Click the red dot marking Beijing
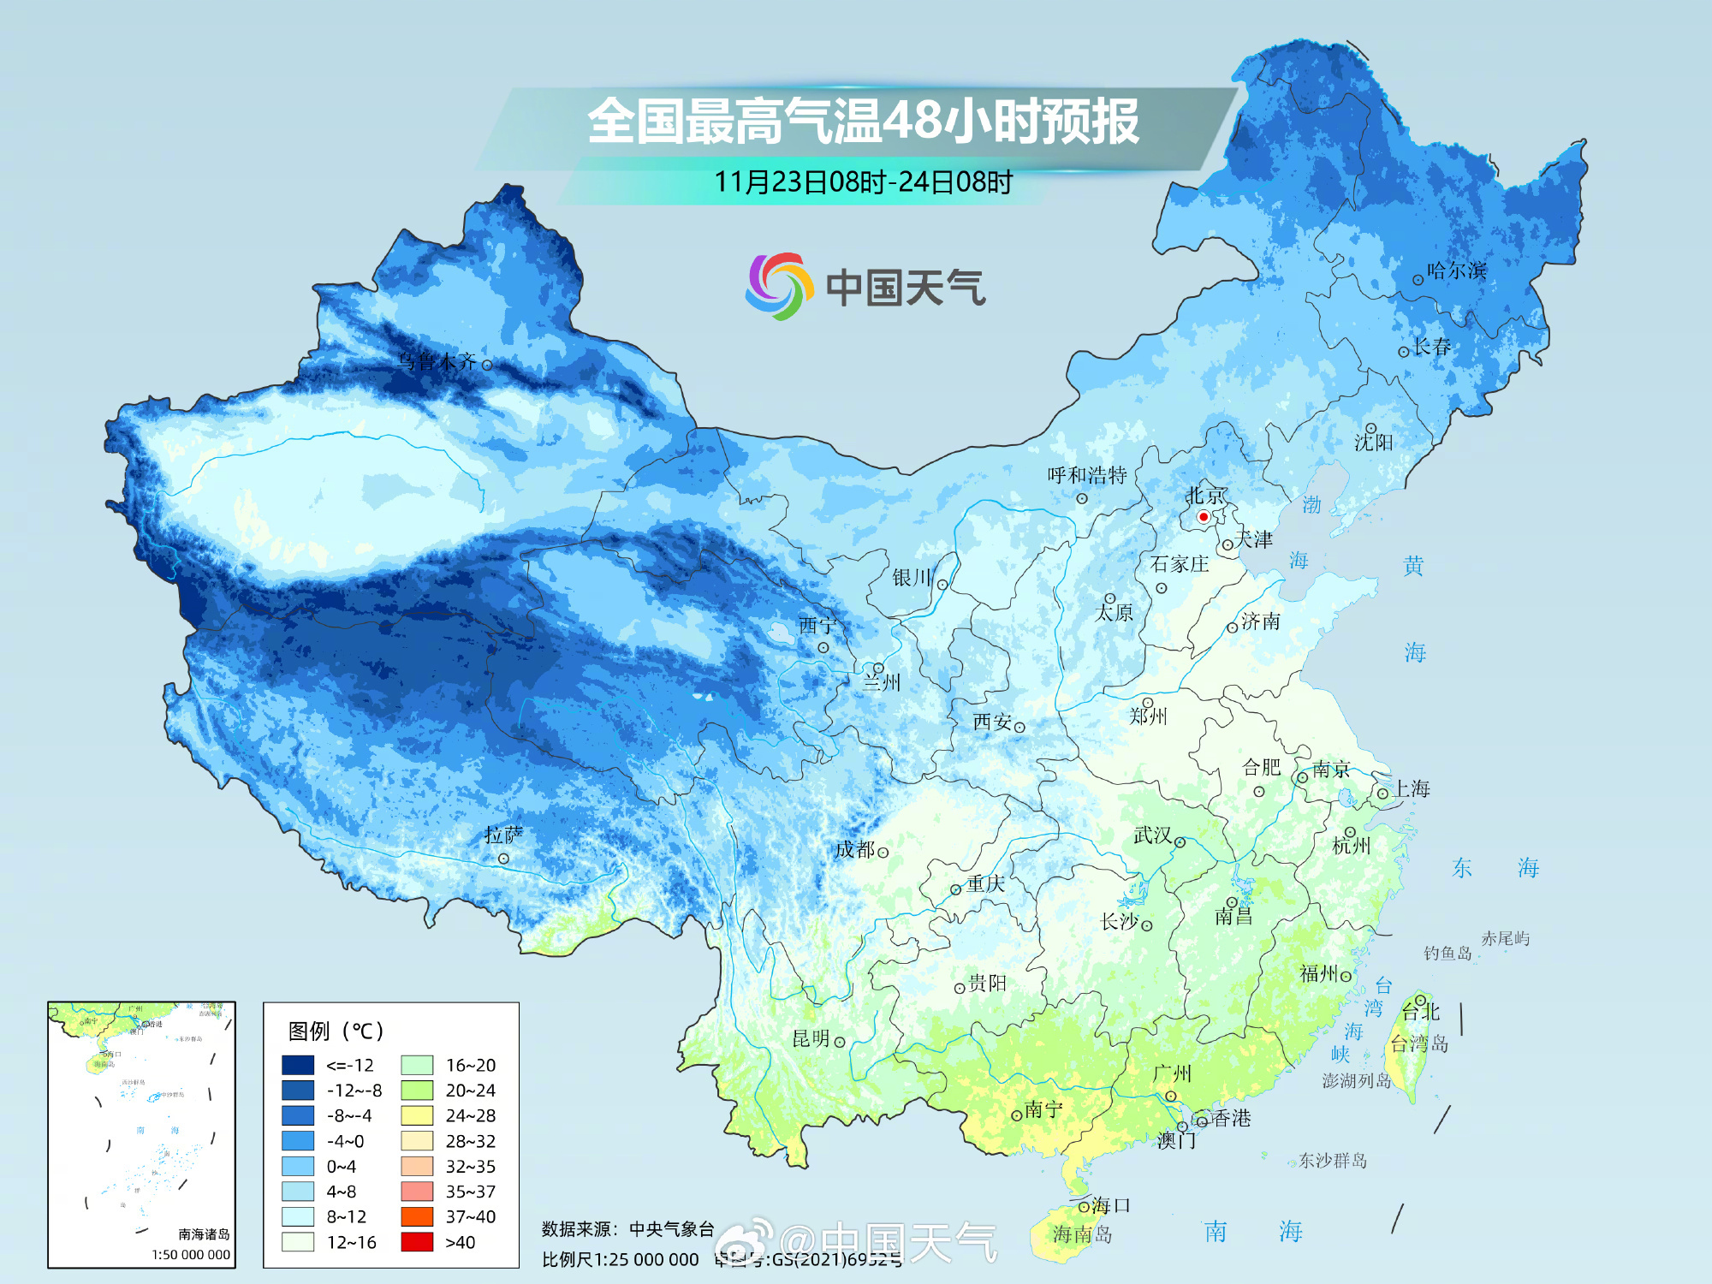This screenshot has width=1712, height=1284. pyautogui.click(x=1203, y=516)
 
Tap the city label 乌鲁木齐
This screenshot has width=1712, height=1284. pyautogui.click(x=437, y=361)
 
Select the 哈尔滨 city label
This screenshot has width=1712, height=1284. pyautogui.click(x=1456, y=270)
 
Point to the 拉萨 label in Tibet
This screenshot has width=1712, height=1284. pyautogui.click(x=503, y=835)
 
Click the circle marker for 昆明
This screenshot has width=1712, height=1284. pyautogui.click(x=840, y=1042)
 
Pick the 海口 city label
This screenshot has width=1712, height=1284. pyautogui.click(x=1111, y=1205)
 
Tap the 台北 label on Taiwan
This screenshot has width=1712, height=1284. pyautogui.click(x=1421, y=1013)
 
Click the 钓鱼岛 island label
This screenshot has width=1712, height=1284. pyautogui.click(x=1447, y=953)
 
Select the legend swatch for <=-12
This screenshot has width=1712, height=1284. pyautogui.click(x=298, y=1065)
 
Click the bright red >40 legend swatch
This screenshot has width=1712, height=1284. pyautogui.click(x=417, y=1242)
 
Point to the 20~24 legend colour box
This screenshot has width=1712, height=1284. pyautogui.click(x=417, y=1090)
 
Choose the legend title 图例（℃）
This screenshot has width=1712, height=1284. pyautogui.click(x=336, y=1031)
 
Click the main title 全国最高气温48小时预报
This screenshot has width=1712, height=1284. pyautogui.click(x=863, y=121)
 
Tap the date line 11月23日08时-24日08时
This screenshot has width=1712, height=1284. pyautogui.click(x=863, y=181)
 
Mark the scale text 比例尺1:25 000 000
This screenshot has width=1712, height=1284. pyautogui.click(x=620, y=1259)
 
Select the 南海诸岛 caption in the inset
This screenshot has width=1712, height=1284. pyautogui.click(x=204, y=1233)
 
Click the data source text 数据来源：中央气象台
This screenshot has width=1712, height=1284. pyautogui.click(x=627, y=1229)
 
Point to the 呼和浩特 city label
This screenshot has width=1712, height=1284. pyautogui.click(x=1087, y=475)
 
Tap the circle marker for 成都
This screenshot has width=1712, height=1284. pyautogui.click(x=883, y=853)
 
